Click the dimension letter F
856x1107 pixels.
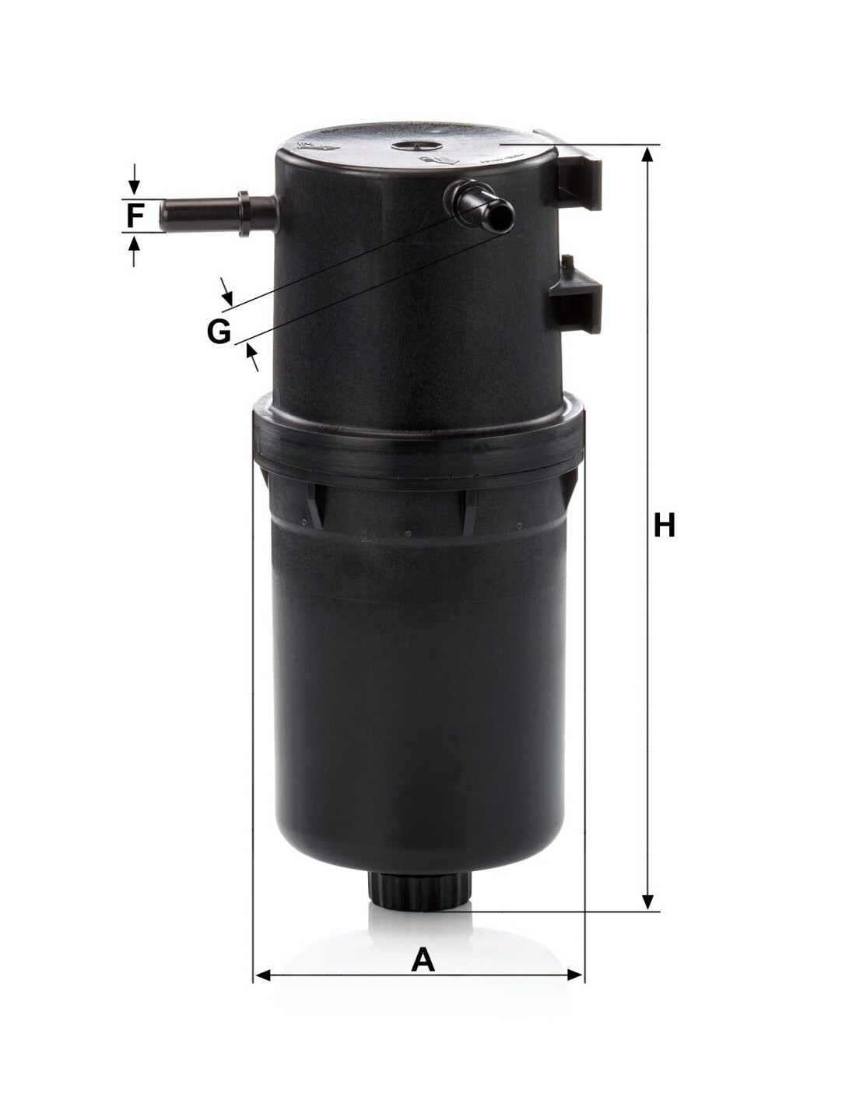134,216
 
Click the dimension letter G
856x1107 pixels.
219,332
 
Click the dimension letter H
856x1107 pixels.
664,525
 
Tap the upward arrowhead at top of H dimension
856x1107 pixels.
647,153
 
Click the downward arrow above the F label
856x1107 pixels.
134,179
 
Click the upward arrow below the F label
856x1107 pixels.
134,251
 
